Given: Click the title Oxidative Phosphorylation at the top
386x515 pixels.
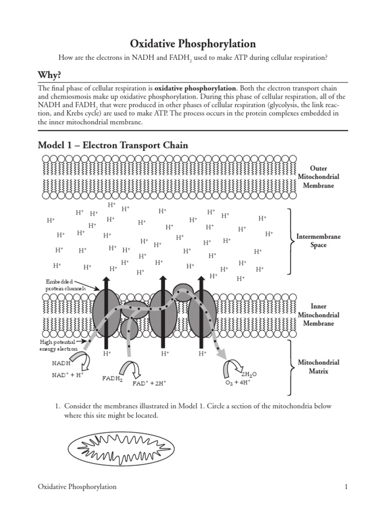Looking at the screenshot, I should pos(193,44).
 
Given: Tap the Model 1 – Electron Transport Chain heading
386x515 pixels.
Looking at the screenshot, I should pos(113,145).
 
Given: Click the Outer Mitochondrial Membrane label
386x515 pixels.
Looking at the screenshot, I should pos(318,177).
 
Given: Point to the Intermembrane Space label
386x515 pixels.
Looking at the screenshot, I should pos(319,241).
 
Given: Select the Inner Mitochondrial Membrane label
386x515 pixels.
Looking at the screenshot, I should pos(318,315).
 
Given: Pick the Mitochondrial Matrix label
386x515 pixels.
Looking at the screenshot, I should pos(319,367).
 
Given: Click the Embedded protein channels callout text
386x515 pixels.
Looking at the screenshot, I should pos(66,285).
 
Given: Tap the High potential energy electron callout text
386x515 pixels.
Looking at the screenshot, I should pos(59,345).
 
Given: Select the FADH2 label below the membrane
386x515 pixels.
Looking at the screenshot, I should pos(113,379).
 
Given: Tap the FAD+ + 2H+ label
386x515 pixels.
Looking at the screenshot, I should pos(149,383).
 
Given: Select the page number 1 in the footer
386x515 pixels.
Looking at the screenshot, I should pos(346,487).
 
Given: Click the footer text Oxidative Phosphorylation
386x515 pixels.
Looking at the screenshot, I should pos(77,487).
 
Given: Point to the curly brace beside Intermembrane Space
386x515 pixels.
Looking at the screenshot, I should pos(291,241).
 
